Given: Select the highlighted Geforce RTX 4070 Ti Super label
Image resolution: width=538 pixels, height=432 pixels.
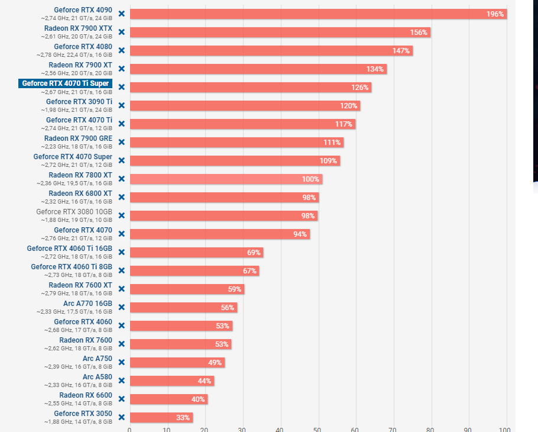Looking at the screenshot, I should (65, 83).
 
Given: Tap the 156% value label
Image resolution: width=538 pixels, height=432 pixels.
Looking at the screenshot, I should (419, 33).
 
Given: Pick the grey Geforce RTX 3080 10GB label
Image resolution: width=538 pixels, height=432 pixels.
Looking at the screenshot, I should (74, 211).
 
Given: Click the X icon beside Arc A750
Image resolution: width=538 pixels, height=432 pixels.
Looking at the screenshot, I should (121, 362).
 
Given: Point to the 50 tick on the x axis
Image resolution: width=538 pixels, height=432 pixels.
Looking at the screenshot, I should (317, 430).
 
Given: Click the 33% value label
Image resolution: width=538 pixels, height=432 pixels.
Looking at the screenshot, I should (183, 417).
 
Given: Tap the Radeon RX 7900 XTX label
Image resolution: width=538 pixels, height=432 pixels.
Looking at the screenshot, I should (78, 28).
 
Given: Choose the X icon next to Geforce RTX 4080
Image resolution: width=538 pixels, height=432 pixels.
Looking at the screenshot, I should (121, 50).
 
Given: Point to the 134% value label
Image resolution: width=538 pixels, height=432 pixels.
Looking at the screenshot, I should (375, 69).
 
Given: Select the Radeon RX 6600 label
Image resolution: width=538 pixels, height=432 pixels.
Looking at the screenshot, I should (86, 395).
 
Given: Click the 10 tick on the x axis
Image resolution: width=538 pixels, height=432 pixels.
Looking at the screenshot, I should (167, 430).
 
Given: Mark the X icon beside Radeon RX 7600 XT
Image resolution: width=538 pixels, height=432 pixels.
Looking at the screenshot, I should (121, 289).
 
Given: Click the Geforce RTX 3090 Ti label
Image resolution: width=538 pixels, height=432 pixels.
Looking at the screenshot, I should (79, 101).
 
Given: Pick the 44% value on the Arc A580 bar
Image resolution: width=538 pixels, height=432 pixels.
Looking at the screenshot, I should (205, 381).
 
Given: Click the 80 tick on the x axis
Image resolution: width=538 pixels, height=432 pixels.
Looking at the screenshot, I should (430, 430).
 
